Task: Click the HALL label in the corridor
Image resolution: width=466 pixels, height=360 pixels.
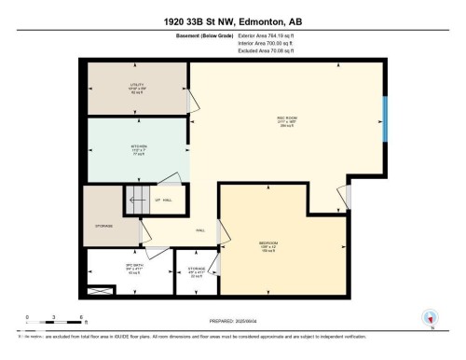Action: coord(199,230)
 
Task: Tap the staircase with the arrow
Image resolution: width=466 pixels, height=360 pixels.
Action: coord(137,200)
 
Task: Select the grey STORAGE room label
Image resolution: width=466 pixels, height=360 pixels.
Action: coord(103,226)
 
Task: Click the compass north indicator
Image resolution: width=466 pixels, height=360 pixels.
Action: coord(430,318)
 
